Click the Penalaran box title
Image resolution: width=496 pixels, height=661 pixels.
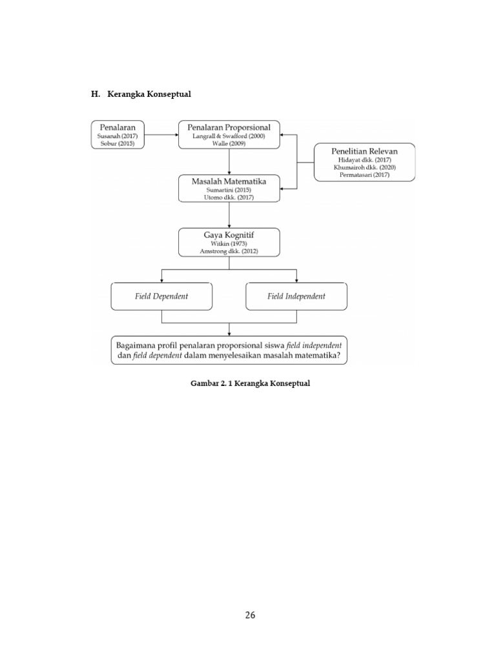coord(118,127)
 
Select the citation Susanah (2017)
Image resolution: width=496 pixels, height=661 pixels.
coord(118,136)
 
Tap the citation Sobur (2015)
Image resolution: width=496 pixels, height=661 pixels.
coord(118,144)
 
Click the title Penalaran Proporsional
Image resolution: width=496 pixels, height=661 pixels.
coord(229,127)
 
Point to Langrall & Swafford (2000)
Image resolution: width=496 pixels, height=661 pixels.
coord(229,136)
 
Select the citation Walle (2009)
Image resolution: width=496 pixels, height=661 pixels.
coord(229,144)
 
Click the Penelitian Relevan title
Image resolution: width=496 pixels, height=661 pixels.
coord(364,151)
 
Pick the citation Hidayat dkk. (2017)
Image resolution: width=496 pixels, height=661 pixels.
coord(364,159)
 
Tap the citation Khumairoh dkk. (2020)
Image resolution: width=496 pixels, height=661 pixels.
coord(364,167)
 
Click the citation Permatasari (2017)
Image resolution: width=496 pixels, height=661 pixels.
coord(364,174)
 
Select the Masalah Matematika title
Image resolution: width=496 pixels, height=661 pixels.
coord(229,181)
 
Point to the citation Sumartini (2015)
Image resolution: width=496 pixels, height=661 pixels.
coord(229,190)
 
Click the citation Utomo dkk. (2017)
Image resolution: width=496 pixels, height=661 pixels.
coord(229,198)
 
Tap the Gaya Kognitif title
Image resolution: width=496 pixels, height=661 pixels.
coord(229,235)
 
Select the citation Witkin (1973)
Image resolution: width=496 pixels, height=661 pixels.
coord(229,243)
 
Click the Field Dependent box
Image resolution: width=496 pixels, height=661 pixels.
coord(161,296)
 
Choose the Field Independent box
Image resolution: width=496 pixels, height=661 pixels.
coord(296,296)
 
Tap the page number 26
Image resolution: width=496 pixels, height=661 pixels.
coord(250,615)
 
